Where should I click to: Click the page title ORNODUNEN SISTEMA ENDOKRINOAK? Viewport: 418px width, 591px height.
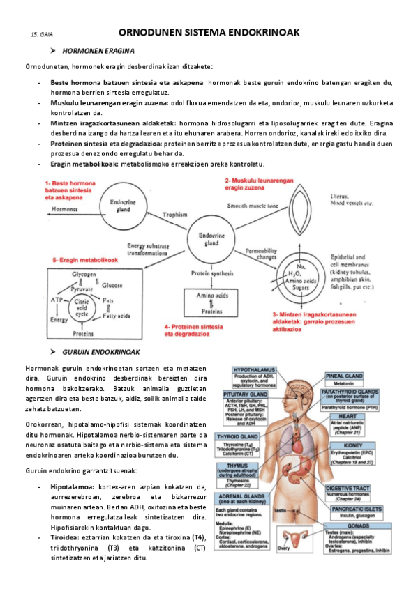[x=209, y=32]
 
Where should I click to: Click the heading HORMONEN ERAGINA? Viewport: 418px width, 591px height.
[x=98, y=52]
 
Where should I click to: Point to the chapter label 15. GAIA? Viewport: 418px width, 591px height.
[x=42, y=34]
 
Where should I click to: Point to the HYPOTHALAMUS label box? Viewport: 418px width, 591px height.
[x=255, y=376]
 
